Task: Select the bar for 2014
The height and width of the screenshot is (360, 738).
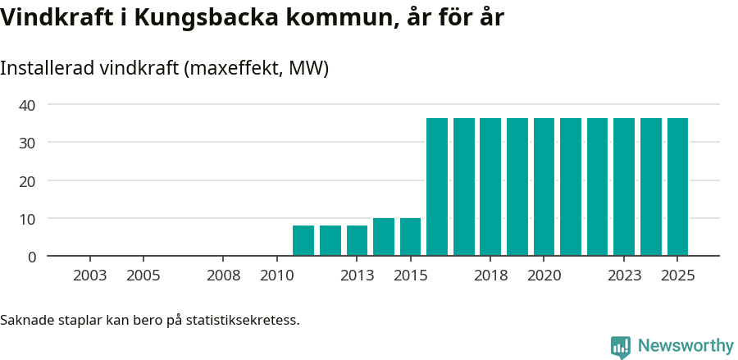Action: pyautogui.click(x=384, y=237)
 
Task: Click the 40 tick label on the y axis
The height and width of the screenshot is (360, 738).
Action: pyautogui.click(x=28, y=105)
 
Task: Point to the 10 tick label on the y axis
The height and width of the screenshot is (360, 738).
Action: pyautogui.click(x=28, y=219)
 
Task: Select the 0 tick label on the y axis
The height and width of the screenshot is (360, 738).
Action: pyautogui.click(x=32, y=257)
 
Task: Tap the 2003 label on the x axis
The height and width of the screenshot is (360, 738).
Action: pyautogui.click(x=89, y=276)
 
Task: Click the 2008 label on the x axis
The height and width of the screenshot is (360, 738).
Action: pyautogui.click(x=223, y=276)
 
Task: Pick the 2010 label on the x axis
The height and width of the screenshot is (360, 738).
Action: pyautogui.click(x=276, y=276)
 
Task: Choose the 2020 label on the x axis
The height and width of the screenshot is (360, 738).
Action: pyautogui.click(x=544, y=276)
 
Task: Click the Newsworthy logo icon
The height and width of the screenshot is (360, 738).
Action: pyautogui.click(x=621, y=347)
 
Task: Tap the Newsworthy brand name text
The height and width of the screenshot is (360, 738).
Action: pyautogui.click(x=686, y=346)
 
